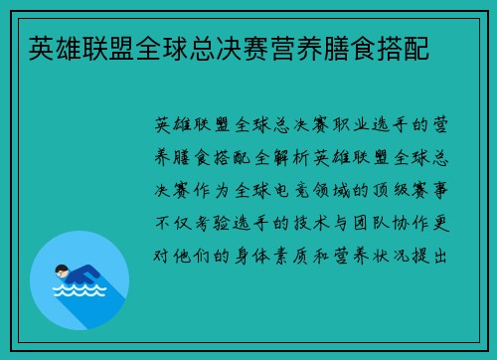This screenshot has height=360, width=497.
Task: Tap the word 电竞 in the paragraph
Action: pos(303,189)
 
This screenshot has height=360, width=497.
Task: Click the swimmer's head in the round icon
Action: pos(60,270)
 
